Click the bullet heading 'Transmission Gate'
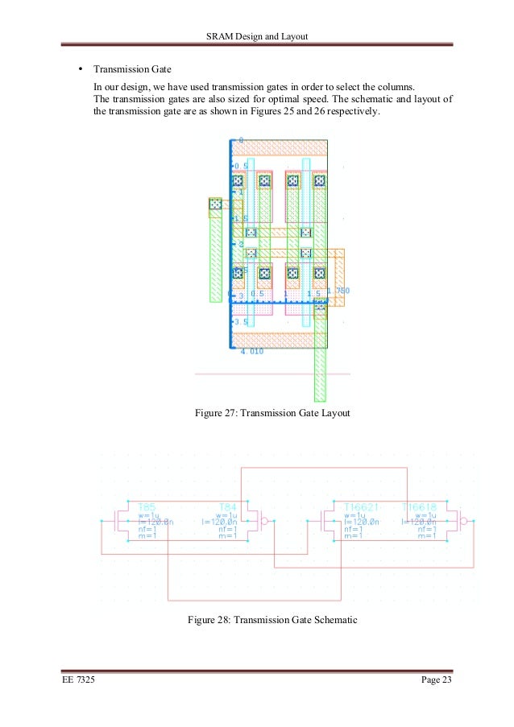click(x=132, y=69)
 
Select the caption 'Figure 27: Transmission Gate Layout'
click(x=272, y=413)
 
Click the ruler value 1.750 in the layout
click(x=337, y=291)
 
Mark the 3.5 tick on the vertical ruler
click(x=241, y=322)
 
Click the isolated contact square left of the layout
click(x=215, y=205)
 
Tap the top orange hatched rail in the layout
click(x=280, y=148)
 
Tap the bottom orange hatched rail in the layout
click(x=280, y=339)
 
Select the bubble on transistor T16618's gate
click(x=464, y=521)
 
